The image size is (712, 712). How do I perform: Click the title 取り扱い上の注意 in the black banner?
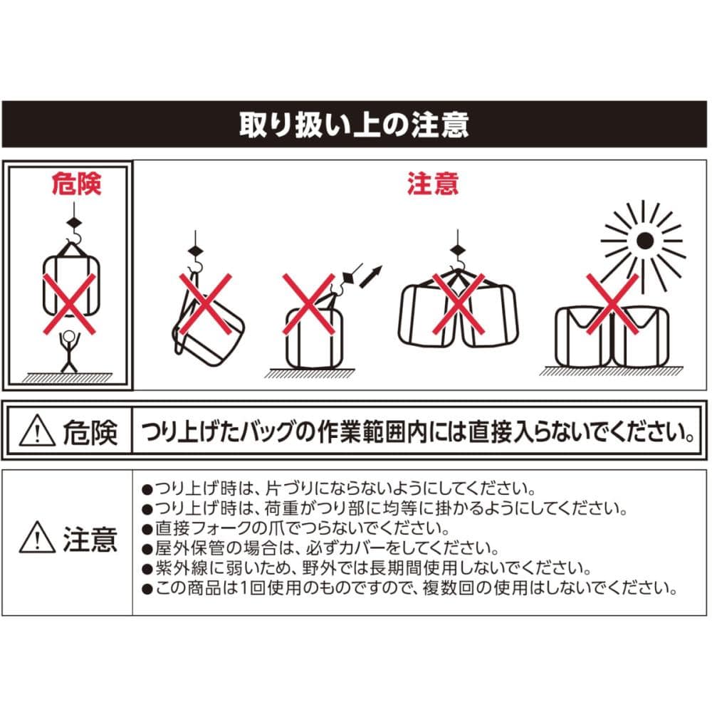pos(354,125)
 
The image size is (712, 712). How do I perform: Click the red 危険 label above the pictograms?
pos(76,184)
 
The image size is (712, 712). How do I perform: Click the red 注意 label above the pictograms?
pos(433,184)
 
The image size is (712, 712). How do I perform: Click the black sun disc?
pos(645,241)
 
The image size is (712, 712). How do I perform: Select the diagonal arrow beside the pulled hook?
pos(370,276)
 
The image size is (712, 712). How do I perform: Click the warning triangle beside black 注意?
pos(37,537)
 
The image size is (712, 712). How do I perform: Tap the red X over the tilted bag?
pos(205,304)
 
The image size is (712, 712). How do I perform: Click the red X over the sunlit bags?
pos(612,304)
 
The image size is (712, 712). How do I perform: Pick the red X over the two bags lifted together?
pos(458,304)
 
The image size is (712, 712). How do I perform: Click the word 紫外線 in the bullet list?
pos(181,568)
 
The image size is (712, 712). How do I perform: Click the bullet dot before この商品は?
pos(147,590)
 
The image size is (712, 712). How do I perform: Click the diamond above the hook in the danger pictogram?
pos(74,222)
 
